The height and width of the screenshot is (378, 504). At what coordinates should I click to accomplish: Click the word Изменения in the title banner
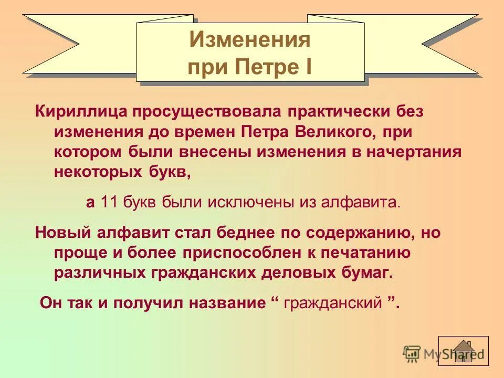point(250,39)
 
